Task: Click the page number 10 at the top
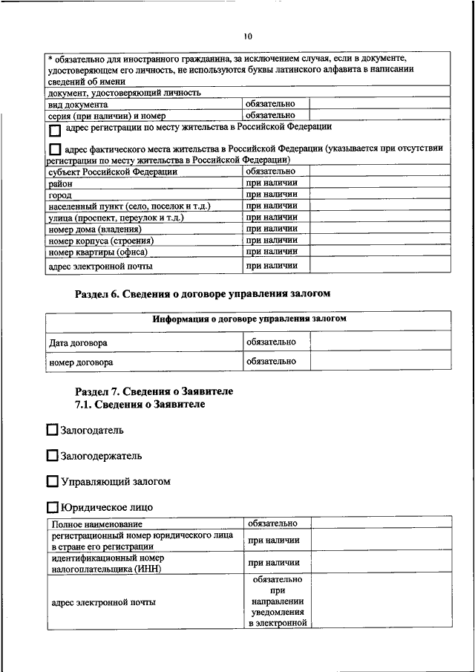coord(247,36)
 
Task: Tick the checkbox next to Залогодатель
coord(51,429)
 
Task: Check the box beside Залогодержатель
coord(51,455)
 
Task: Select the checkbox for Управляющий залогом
coord(51,481)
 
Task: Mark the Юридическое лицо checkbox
coord(51,507)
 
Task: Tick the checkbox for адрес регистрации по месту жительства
coord(56,129)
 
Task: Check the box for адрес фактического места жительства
coord(56,149)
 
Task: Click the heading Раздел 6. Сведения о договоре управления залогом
coord(203,293)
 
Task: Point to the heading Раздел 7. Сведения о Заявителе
coord(154,391)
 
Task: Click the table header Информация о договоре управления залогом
coord(249,319)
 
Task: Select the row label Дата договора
coord(78,342)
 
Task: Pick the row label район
coord(61,183)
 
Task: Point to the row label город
coord(61,195)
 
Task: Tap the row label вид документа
coord(78,105)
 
